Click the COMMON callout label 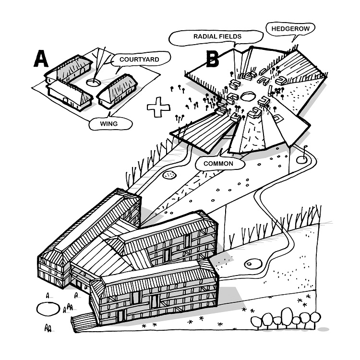tap(218, 164)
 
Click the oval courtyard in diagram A tap(94, 83)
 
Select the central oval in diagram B tap(249, 96)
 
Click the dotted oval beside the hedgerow tap(168, 176)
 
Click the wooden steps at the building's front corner tap(80, 320)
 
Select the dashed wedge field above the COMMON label tap(252, 132)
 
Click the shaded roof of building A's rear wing tap(72, 70)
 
